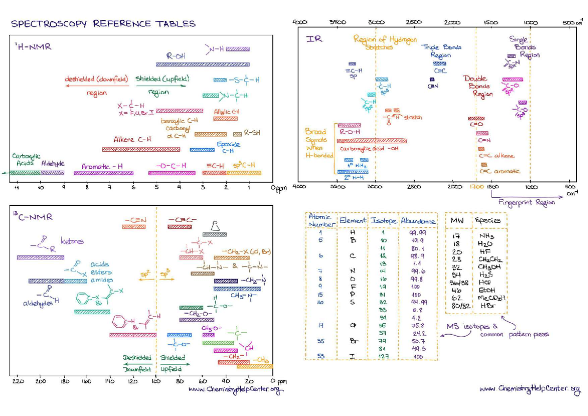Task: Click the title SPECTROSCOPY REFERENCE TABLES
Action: click(x=103, y=24)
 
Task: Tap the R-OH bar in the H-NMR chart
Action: click(x=202, y=64)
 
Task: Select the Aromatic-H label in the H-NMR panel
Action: click(x=102, y=166)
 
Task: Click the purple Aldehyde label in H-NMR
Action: click(x=52, y=163)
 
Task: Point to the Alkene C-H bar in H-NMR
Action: click(x=141, y=149)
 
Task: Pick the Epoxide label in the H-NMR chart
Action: click(x=228, y=145)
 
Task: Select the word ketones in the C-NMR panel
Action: click(x=72, y=241)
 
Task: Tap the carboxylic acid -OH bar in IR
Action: click(x=372, y=141)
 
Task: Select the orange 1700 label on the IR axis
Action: click(x=476, y=187)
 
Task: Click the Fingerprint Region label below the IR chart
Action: click(x=527, y=202)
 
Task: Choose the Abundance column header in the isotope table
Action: click(x=418, y=221)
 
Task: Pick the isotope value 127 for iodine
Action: click(x=383, y=357)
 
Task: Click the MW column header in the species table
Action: click(x=457, y=221)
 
